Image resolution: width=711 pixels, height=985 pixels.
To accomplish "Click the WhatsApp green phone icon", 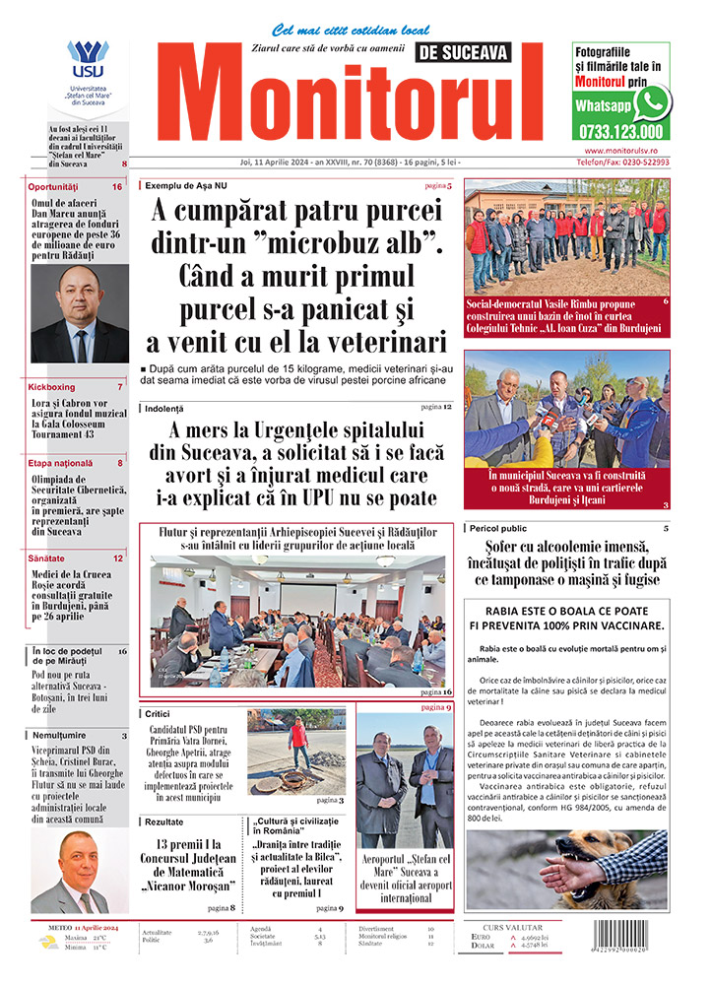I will coord(653,101).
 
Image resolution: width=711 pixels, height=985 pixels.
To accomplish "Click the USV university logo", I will coord(88,61).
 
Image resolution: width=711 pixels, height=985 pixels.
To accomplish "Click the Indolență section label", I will coord(164,408).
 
